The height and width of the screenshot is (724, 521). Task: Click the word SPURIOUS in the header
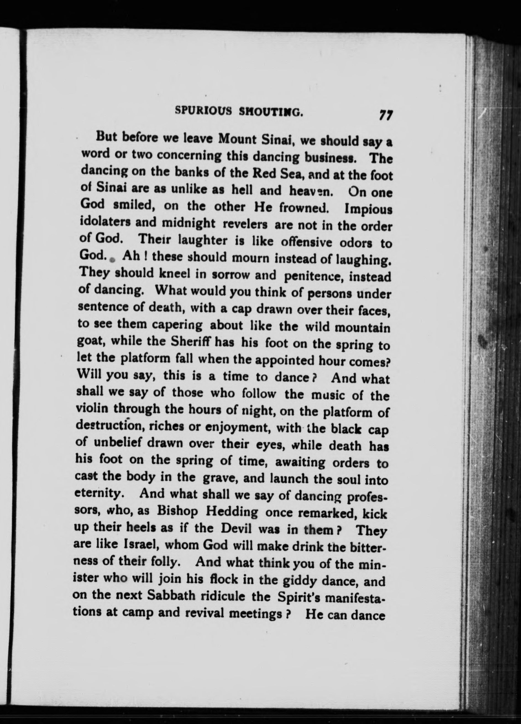tap(203, 111)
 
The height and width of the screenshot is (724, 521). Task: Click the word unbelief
tap(119, 443)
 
